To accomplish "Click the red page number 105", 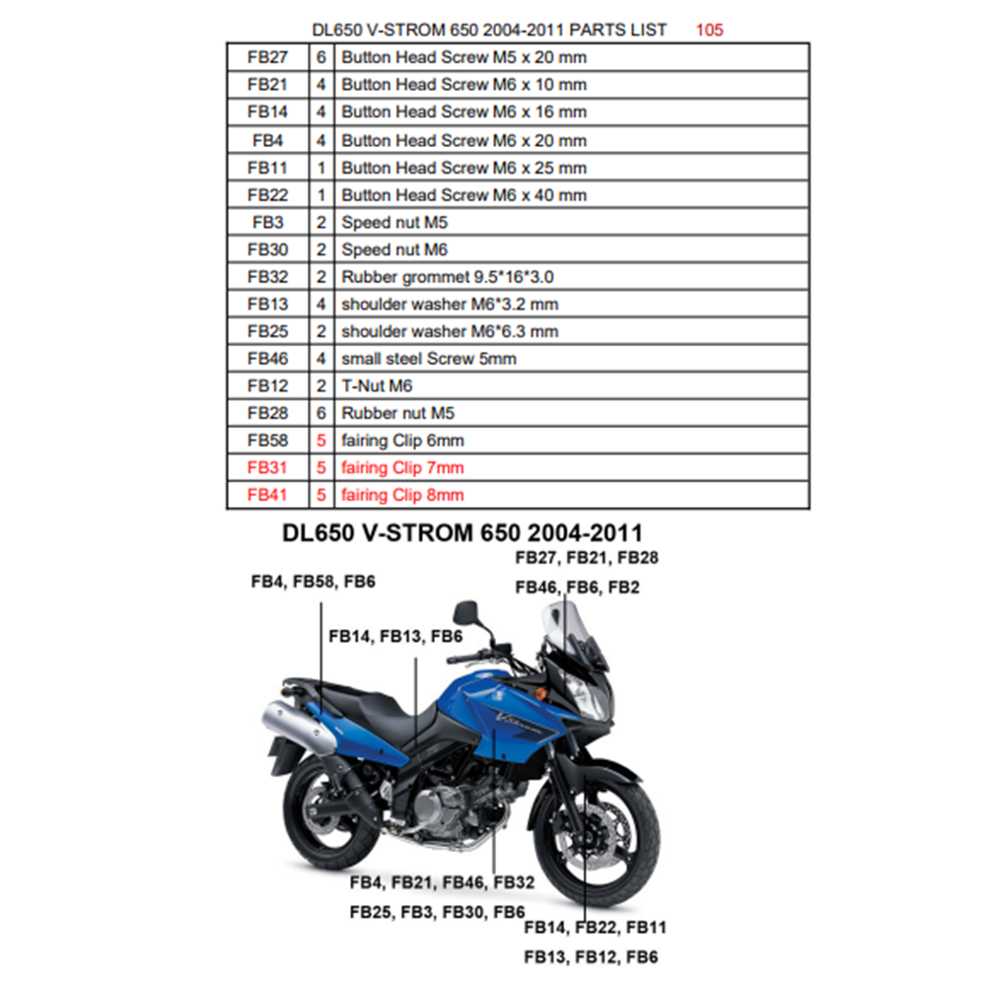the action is (709, 30).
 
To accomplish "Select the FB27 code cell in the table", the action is (268, 57).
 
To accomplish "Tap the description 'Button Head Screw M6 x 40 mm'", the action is (464, 195).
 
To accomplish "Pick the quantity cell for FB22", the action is (321, 195).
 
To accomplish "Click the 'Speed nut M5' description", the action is (394, 223).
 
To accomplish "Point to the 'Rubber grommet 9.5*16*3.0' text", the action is (448, 277).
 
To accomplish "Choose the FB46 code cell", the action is (268, 359).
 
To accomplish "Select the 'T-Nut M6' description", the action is (377, 387).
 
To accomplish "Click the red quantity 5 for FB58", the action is (321, 440).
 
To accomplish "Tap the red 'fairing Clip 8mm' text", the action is (402, 495).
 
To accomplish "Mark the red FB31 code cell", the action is (268, 467).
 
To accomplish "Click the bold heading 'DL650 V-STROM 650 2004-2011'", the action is (462, 532).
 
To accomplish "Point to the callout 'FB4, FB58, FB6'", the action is (314, 582).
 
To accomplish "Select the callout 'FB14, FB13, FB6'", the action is (395, 636).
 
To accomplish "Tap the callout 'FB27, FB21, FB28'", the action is (587, 558).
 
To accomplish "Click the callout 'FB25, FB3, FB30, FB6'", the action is (437, 912).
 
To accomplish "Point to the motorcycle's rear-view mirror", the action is (466, 611).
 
